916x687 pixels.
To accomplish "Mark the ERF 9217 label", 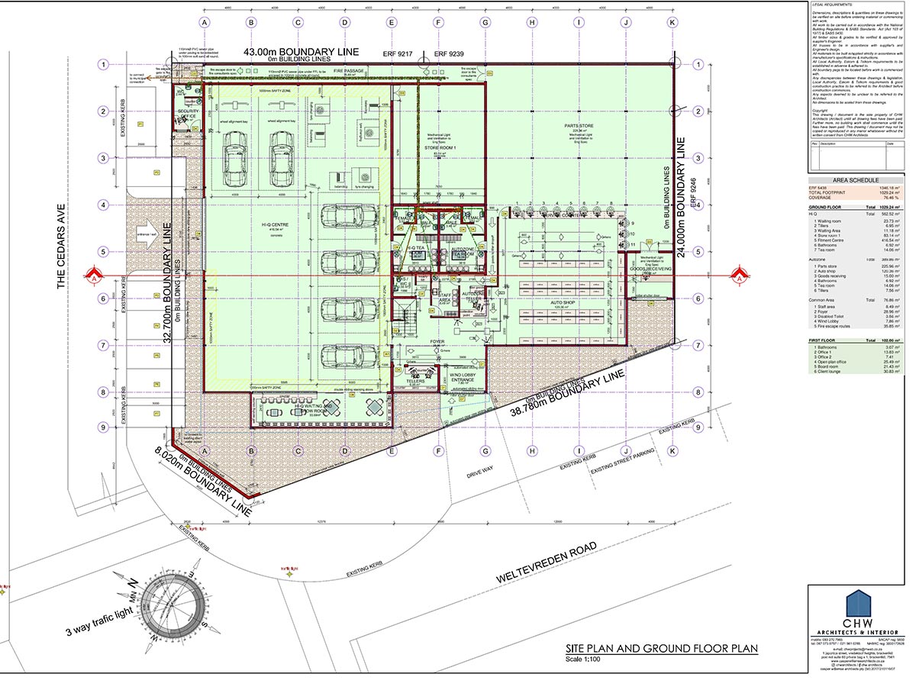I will click(398, 54).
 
